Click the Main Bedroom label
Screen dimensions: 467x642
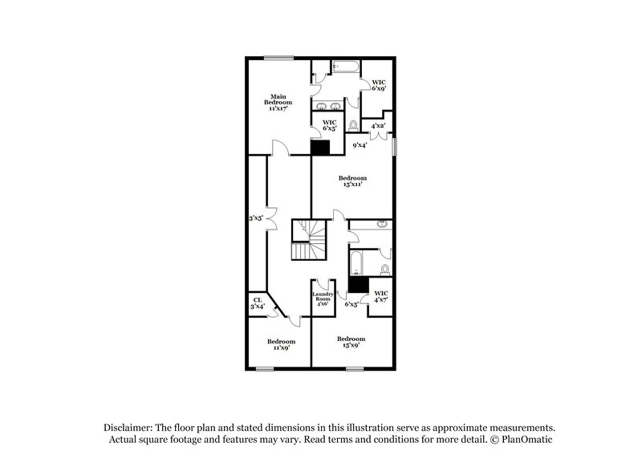coord(278,101)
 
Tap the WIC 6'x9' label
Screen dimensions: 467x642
coord(379,85)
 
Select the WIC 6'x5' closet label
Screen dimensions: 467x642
coord(329,125)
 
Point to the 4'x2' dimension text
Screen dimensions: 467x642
coord(379,125)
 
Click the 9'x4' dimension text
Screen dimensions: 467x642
coord(360,145)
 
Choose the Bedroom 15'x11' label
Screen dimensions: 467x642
coord(351,181)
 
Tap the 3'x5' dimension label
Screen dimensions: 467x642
coord(256,217)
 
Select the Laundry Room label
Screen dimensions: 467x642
coord(322,298)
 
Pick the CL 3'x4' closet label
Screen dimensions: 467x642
coord(257,303)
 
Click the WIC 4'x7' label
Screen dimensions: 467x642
coord(381,296)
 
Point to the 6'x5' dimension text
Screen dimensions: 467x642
coord(351,304)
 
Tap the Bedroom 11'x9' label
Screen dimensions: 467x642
coord(281,344)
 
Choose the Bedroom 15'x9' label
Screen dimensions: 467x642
coord(351,341)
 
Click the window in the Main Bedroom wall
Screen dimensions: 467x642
coord(278,56)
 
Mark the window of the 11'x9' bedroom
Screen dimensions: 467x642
coord(264,368)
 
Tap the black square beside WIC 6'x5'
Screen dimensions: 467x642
coord(320,148)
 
